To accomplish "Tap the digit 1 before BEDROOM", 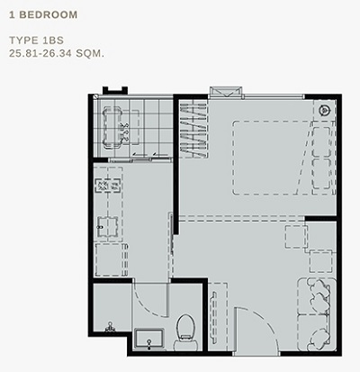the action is click(x=12, y=14).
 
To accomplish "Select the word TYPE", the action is click(x=23, y=41).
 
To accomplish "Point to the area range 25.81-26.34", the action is click(x=40, y=53).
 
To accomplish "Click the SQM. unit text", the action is click(x=90, y=53).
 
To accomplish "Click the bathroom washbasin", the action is click(x=149, y=339).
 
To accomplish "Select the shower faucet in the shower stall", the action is click(x=111, y=327).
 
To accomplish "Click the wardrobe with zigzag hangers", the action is click(x=193, y=129).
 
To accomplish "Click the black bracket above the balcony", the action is click(x=115, y=90).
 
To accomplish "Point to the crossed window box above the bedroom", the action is click(x=225, y=91).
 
